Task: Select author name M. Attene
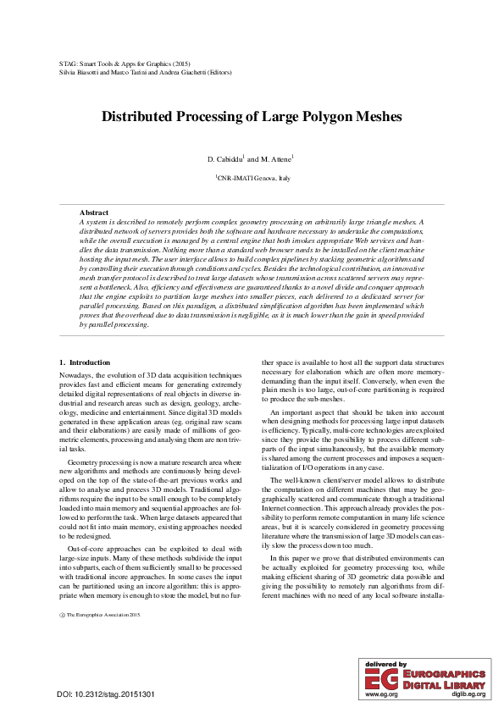tap(276, 159)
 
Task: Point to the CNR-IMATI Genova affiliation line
tap(252, 180)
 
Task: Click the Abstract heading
tap(94, 212)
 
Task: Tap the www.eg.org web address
tap(380, 694)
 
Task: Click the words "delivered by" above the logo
tap(385, 665)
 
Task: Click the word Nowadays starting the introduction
tap(77, 374)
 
